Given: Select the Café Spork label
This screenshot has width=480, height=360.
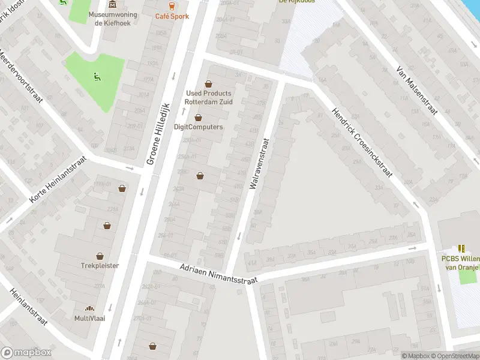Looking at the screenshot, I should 172,16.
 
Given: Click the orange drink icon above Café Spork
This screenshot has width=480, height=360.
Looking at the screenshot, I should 172,5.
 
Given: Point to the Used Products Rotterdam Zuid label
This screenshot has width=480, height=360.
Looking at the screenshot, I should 209,97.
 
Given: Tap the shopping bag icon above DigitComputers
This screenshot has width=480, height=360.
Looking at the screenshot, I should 198,118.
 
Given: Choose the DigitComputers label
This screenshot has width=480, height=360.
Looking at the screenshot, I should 198,127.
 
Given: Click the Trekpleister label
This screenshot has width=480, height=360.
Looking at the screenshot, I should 100,265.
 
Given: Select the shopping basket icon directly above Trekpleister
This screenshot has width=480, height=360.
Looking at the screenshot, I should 107,226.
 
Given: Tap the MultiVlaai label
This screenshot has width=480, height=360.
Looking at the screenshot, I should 89,318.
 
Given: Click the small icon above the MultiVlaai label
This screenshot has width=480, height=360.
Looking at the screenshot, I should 89,308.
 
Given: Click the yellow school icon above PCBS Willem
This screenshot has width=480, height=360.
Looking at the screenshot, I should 461,248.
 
